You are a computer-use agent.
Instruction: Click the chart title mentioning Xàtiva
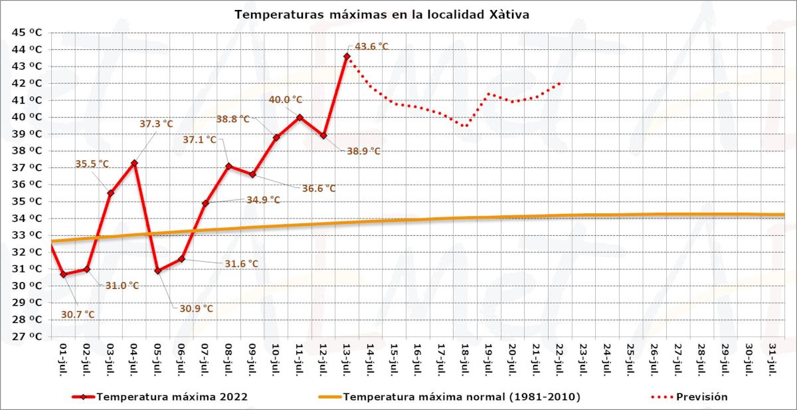click(x=382, y=14)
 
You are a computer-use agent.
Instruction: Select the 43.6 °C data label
click(x=371, y=47)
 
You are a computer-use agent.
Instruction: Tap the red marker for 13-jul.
click(x=347, y=56)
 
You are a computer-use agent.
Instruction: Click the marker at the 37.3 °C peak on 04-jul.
click(x=134, y=163)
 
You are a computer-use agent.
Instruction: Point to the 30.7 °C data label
click(x=78, y=314)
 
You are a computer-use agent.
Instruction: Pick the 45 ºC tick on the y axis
click(x=28, y=33)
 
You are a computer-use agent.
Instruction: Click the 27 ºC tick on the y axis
click(x=28, y=336)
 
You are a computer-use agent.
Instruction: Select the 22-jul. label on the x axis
click(x=559, y=358)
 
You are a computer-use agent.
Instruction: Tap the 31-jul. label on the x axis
click(x=772, y=358)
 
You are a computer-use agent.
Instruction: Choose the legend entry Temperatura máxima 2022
click(x=172, y=397)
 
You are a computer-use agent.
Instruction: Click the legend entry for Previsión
click(x=701, y=397)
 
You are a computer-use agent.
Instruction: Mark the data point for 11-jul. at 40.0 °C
click(x=300, y=117)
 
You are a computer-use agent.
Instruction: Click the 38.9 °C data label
click(x=363, y=151)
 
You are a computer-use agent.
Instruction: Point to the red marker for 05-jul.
click(x=157, y=270)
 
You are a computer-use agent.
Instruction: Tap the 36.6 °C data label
click(x=319, y=189)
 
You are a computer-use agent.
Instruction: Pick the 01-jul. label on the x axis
click(x=63, y=358)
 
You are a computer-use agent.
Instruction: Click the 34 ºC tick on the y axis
click(x=28, y=218)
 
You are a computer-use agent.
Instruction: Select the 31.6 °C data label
click(x=241, y=264)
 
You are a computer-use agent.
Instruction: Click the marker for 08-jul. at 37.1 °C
click(x=228, y=166)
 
